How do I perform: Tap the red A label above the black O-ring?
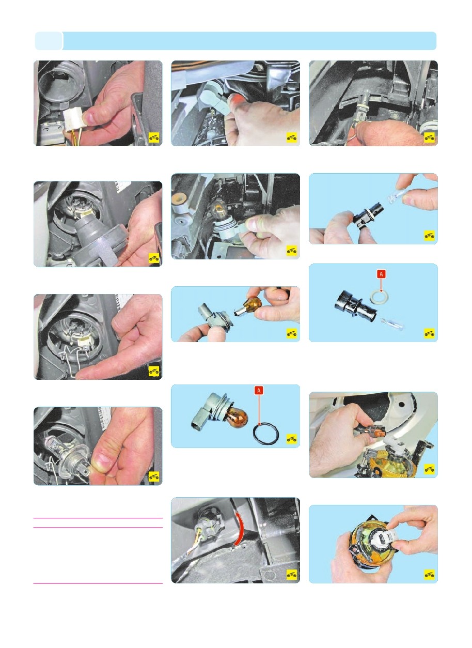(259, 391)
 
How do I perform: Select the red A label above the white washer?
(381, 274)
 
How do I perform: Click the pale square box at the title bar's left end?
(49, 41)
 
